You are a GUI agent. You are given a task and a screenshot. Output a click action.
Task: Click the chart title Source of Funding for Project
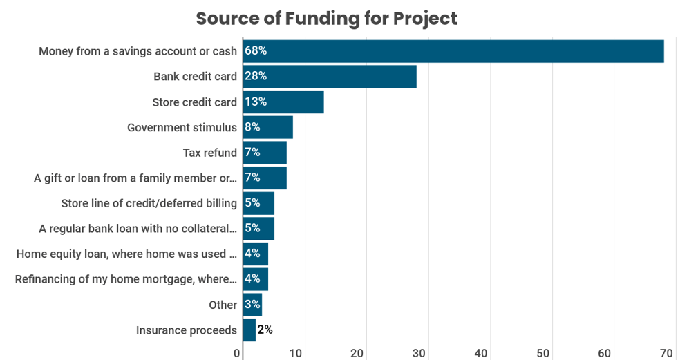coord(326,19)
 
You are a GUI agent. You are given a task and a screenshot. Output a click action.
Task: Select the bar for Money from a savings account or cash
coord(453,51)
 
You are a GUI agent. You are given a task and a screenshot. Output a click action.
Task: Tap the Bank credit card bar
coord(329,77)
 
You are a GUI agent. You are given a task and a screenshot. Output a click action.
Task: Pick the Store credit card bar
coord(283,102)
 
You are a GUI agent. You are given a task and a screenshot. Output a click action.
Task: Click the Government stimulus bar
coord(267,127)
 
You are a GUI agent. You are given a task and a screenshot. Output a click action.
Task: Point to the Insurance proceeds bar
coord(249,330)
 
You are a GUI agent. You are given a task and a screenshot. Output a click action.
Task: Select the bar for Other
coord(252,305)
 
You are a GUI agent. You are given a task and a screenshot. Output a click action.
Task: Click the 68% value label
coord(256,51)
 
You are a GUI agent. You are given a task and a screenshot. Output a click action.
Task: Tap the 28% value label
coord(256,77)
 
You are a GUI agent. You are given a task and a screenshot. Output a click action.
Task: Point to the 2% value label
coord(265,330)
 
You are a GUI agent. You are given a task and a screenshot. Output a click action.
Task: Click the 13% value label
coord(256,102)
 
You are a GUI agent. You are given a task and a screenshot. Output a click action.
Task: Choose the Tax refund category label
coord(209,153)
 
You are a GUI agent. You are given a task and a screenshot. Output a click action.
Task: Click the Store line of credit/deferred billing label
coord(149,203)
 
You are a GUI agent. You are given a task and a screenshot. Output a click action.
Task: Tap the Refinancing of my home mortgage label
coord(126,279)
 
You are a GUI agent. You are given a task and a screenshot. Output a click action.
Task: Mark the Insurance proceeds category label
coord(187,330)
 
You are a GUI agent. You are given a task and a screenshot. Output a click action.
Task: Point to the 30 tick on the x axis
coord(419,353)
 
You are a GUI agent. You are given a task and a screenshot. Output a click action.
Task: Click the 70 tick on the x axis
coord(666,353)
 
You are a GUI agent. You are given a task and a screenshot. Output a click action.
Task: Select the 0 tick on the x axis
coord(237,353)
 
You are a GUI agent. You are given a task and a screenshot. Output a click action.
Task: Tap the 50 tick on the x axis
coord(542,353)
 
